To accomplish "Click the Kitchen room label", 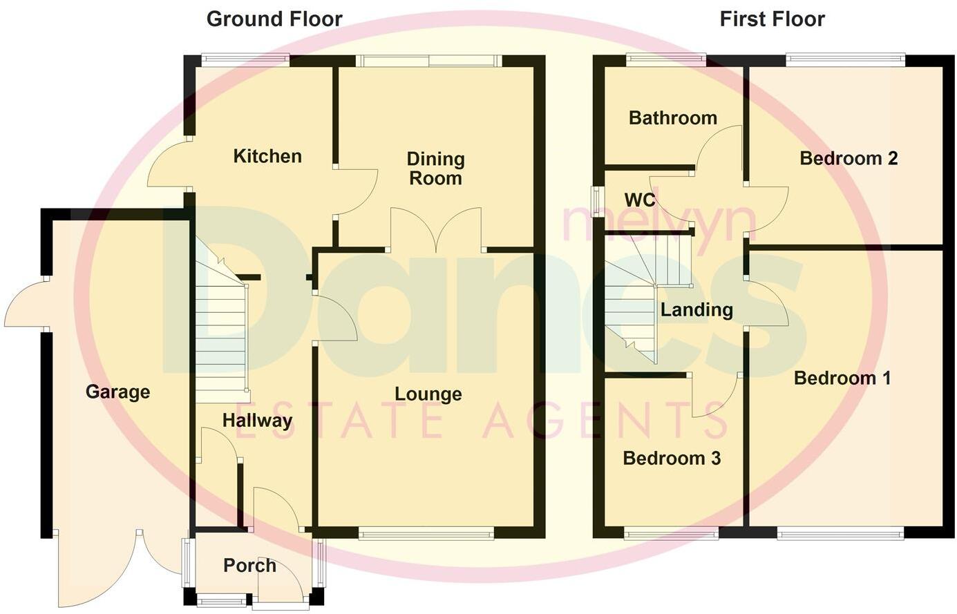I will (267, 156).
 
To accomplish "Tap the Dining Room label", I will (435, 169).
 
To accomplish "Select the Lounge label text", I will (428, 394).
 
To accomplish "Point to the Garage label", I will (117, 392).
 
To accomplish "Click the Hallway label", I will (257, 421).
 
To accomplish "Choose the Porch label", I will (249, 566).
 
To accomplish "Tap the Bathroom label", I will (672, 118).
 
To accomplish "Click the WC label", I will (639, 200).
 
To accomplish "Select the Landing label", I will (697, 310).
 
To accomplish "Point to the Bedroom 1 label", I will (842, 378).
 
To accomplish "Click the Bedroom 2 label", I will (849, 159).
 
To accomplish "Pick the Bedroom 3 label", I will (672, 459).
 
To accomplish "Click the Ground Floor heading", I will (274, 19).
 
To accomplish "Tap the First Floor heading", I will (772, 19).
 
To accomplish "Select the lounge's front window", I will (426, 533).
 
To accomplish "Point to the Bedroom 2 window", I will (845, 60).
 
